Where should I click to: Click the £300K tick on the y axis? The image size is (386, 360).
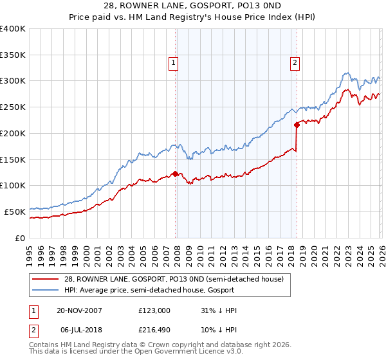coord(13,81)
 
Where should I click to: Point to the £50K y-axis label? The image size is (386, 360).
coord(15,212)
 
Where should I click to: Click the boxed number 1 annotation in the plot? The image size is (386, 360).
coord(174,62)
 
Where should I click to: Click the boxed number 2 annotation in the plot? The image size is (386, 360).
coord(295,62)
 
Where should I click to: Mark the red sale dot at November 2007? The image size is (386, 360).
coord(175,174)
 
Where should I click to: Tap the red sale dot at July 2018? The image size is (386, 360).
coord(297,125)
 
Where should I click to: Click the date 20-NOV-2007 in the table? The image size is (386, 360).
coord(80,310)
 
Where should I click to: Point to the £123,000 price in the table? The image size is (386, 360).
coord(154,310)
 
